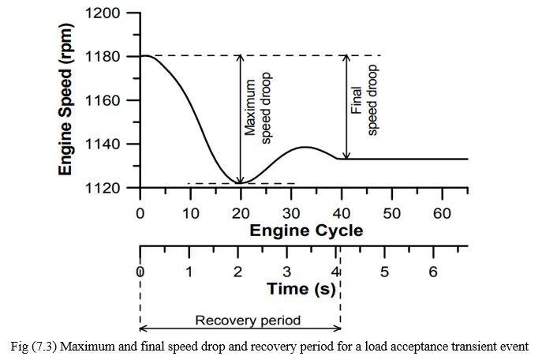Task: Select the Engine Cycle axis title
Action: [306, 231]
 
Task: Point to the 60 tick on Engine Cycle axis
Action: [443, 212]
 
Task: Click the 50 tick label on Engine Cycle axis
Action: [392, 212]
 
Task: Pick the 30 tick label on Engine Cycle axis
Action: [291, 212]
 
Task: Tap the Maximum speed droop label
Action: [259, 107]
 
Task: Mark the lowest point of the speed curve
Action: [240, 183]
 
